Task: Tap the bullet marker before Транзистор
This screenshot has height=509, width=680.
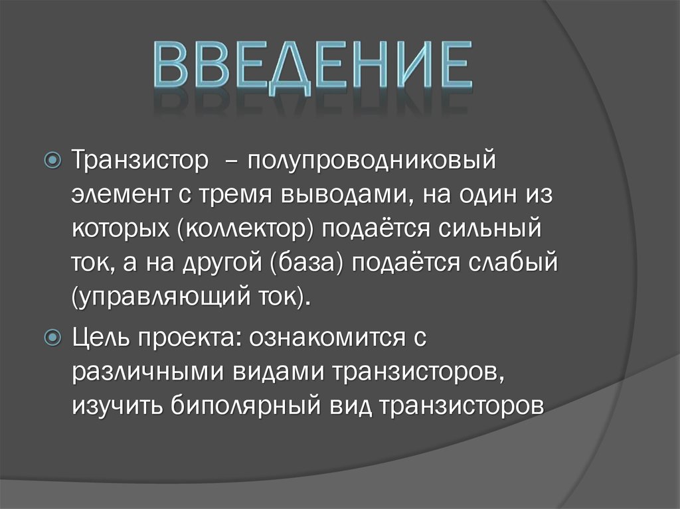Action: [56, 161]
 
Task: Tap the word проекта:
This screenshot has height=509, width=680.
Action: [189, 338]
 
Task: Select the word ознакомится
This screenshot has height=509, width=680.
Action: [323, 338]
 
